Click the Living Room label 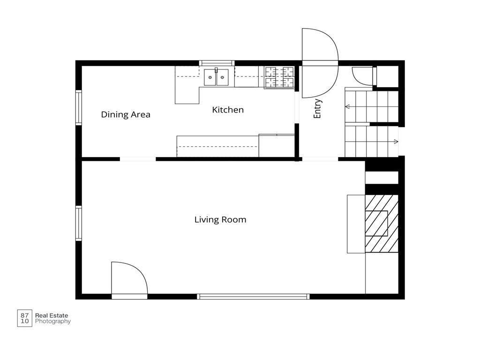(220, 219)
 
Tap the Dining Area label (126, 114)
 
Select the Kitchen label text (228, 110)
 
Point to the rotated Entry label (317, 108)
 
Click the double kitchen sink (216, 77)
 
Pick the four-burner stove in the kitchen (279, 77)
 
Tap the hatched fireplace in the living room (382, 224)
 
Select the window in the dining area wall (79, 107)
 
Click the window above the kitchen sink (217, 63)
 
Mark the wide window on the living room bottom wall (253, 296)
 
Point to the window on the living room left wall (79, 223)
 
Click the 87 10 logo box (24, 318)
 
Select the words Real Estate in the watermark (52, 315)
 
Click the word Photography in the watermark (52, 322)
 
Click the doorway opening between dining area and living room (138, 159)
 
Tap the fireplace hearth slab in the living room (356, 224)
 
